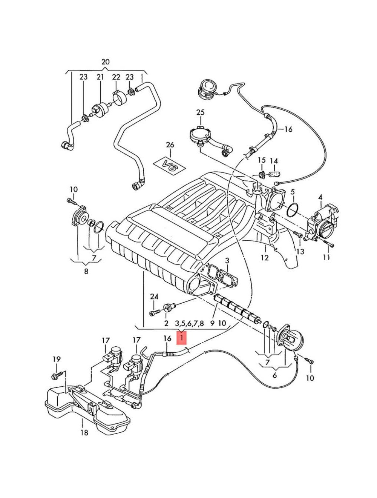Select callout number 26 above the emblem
[170, 145]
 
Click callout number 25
[200, 112]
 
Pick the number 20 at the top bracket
[106, 62]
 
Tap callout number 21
[100, 77]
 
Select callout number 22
[116, 77]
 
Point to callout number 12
[265, 258]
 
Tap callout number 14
[274, 161]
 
